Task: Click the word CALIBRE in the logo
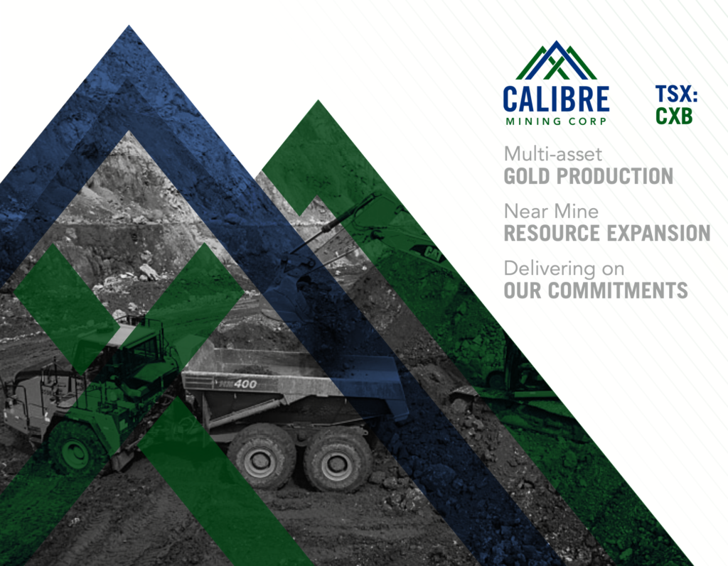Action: point(555,99)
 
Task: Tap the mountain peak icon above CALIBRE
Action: point(556,61)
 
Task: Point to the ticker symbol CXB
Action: point(674,116)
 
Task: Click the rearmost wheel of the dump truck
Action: point(332,461)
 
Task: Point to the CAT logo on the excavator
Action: point(431,251)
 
